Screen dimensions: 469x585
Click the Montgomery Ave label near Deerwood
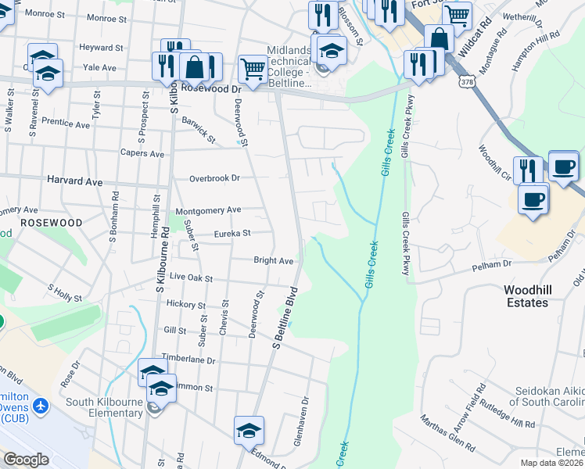[x=208, y=210]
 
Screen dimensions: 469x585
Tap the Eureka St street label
[x=233, y=233]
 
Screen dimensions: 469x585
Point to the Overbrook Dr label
[x=214, y=178]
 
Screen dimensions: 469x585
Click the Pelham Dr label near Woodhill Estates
[x=490, y=267]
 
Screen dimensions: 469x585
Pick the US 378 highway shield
[x=466, y=81]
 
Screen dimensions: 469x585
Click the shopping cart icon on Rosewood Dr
[x=253, y=69]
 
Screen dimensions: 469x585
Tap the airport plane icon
[x=41, y=406]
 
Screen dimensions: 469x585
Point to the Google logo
[x=26, y=460]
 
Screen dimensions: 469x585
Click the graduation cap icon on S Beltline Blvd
[x=249, y=430]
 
